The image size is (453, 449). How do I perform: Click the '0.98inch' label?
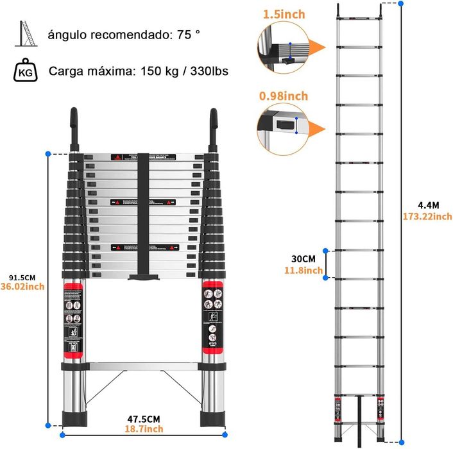click(x=284, y=97)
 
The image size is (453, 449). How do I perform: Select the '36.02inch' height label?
click(x=22, y=287)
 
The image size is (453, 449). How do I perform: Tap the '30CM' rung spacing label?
click(x=303, y=259)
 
